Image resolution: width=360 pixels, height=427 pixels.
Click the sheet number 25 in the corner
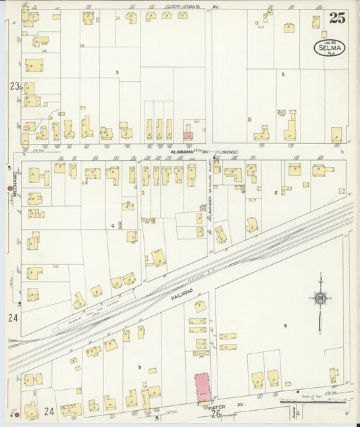[336, 18]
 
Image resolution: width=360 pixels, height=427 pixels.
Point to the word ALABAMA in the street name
[182, 152]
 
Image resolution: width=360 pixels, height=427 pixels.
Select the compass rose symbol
[319, 297]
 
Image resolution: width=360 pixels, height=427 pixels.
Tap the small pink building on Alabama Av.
[188, 136]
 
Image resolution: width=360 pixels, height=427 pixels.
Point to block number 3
[117, 72]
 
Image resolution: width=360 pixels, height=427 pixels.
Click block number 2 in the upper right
[283, 74]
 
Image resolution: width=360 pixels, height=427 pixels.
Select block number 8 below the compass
[286, 326]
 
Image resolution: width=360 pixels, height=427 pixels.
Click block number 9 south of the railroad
[139, 367]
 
